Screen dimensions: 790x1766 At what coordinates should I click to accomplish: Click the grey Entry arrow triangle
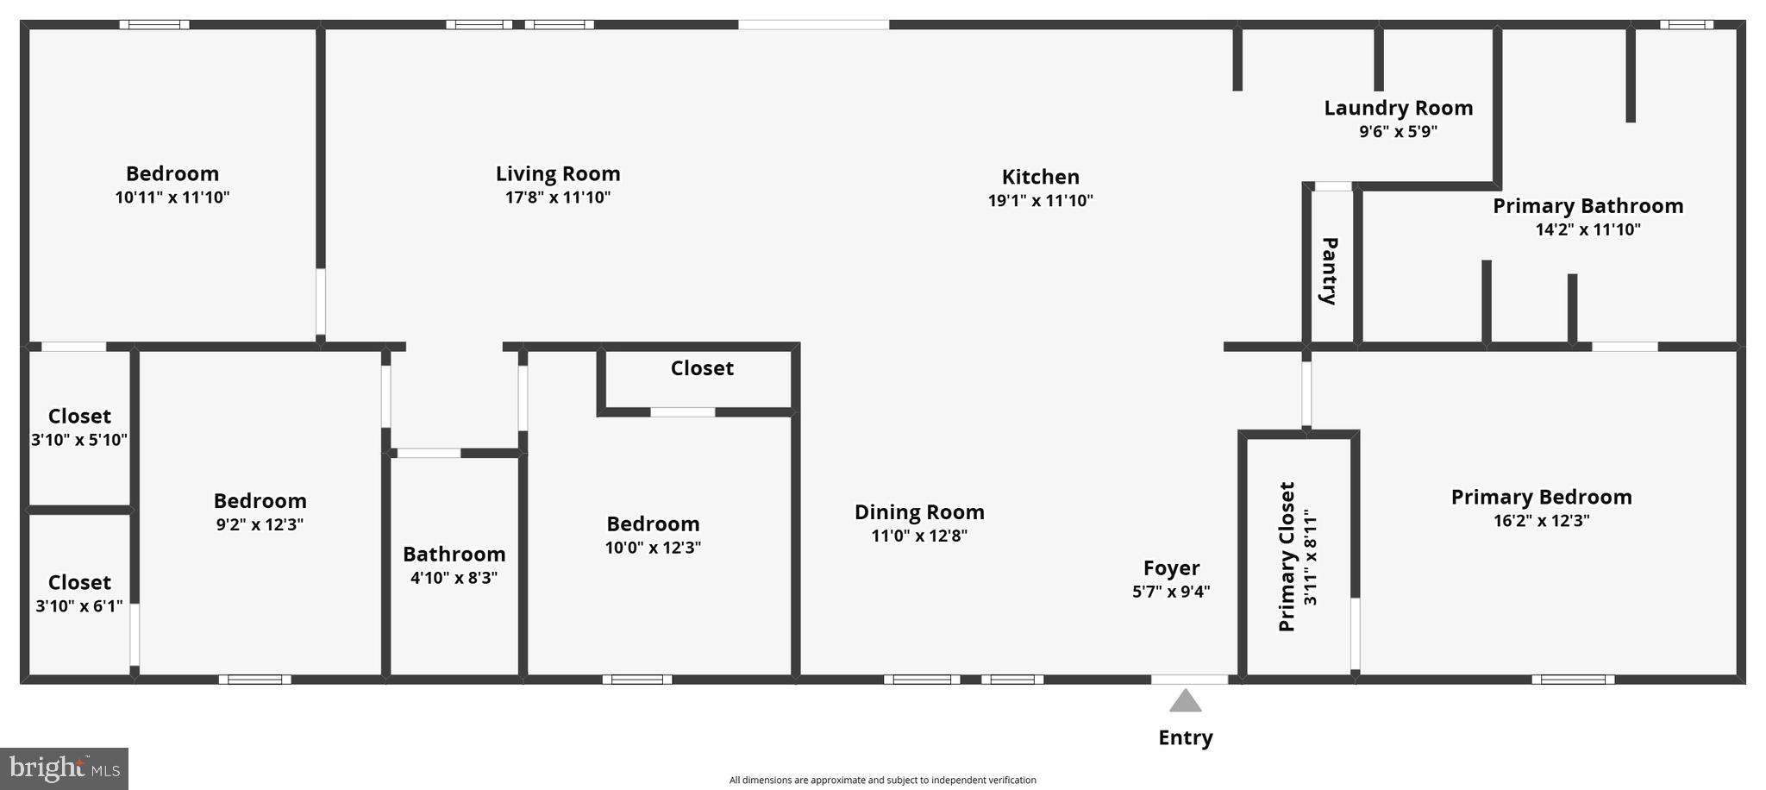click(1185, 702)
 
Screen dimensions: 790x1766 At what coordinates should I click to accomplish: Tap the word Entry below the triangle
click(1185, 737)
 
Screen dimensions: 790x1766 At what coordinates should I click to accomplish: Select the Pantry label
click(1329, 271)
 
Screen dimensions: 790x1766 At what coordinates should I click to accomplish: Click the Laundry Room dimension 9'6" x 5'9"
click(1398, 132)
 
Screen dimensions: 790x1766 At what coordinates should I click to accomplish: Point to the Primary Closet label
click(1287, 556)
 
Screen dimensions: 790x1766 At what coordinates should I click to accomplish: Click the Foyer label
click(1171, 568)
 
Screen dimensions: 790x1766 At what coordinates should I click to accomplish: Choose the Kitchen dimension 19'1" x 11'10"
click(1040, 201)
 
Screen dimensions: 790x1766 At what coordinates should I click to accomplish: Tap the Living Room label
click(557, 174)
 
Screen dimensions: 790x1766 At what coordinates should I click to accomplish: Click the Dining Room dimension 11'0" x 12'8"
click(919, 536)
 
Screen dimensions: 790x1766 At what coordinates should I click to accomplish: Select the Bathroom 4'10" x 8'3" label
click(454, 565)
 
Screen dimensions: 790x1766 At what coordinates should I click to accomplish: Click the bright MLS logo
click(65, 768)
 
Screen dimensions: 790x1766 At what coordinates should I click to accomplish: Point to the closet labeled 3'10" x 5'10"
click(79, 428)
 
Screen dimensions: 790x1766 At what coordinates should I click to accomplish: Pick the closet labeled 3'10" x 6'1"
click(79, 594)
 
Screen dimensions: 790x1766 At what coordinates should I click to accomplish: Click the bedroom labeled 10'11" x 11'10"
click(172, 185)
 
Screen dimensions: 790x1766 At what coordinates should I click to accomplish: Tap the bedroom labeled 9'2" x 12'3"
click(260, 512)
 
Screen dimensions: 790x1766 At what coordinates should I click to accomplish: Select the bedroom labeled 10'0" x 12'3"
click(653, 535)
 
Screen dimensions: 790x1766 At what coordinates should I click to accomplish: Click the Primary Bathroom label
click(1588, 206)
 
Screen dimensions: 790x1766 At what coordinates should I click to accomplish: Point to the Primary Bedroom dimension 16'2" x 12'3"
click(1541, 521)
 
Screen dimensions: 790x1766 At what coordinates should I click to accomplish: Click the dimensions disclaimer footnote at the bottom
click(882, 781)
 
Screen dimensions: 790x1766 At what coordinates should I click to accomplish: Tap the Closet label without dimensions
click(702, 368)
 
